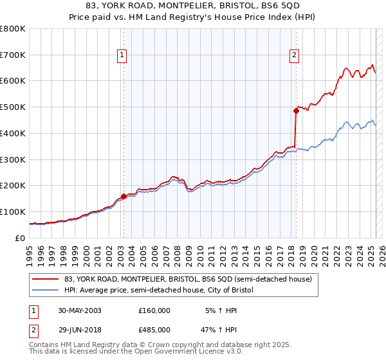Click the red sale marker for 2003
coord(124,196)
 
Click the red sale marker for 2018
coord(296,111)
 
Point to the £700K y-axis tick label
coord(13,55)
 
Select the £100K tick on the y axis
coord(13,212)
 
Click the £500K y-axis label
coord(13,107)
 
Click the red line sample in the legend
coord(45,279)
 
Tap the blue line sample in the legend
coord(45,291)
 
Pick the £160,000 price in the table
coord(154,310)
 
